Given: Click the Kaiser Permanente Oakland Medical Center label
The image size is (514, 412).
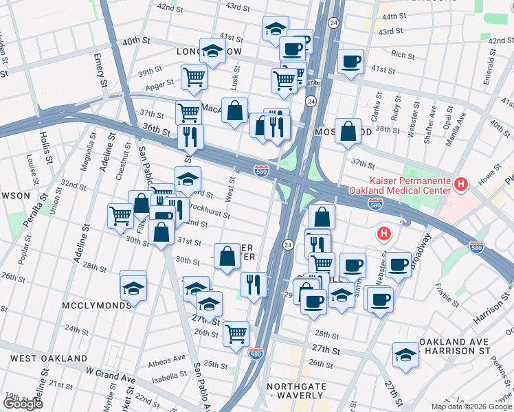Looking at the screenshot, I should point(399,185).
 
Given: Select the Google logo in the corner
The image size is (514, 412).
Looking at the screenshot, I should point(23,403).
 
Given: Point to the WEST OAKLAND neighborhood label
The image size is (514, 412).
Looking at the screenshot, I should point(48,358).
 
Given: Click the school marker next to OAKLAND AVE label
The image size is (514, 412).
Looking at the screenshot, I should point(405,355).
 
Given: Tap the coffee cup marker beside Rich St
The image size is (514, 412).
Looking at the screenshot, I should point(350,62).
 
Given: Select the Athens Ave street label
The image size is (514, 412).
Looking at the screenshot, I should point(166,358).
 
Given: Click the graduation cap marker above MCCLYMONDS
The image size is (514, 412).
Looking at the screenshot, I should point(133,284).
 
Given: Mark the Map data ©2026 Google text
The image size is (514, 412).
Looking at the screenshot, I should point(471,407).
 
